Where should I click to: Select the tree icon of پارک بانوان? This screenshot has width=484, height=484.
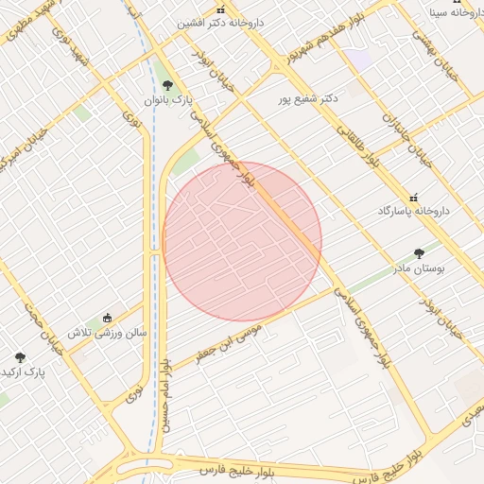pos(168,86)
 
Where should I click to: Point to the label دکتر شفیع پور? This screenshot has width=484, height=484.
pos(308,97)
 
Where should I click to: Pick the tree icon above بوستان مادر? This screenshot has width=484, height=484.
pos(420,253)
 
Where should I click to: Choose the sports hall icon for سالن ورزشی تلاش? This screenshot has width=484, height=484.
pos(107,318)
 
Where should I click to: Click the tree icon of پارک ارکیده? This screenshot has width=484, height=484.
pos(20,357)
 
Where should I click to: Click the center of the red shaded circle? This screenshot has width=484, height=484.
pos(242,241)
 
